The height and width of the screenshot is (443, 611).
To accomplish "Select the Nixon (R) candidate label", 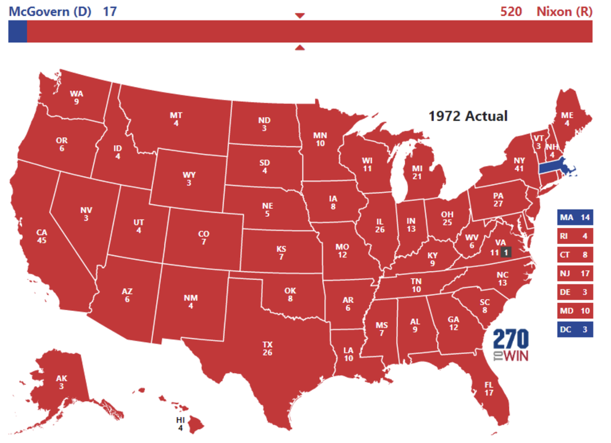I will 564,11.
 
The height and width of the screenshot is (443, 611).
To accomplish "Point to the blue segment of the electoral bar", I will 17,32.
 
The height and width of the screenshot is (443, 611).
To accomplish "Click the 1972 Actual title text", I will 468,116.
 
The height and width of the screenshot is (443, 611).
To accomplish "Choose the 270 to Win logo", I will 510,345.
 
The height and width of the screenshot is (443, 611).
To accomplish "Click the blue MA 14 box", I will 575,217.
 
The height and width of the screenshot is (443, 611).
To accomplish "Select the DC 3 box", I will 575,329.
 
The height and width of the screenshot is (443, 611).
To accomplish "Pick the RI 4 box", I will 575,236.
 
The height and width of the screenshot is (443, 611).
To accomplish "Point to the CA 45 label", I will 41,237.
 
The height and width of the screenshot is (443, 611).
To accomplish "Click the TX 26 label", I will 267,348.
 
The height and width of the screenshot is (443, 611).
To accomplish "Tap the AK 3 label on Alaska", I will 60,382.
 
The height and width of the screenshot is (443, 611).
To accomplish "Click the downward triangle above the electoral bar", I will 300,15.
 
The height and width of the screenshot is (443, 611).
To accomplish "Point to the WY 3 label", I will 189,179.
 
